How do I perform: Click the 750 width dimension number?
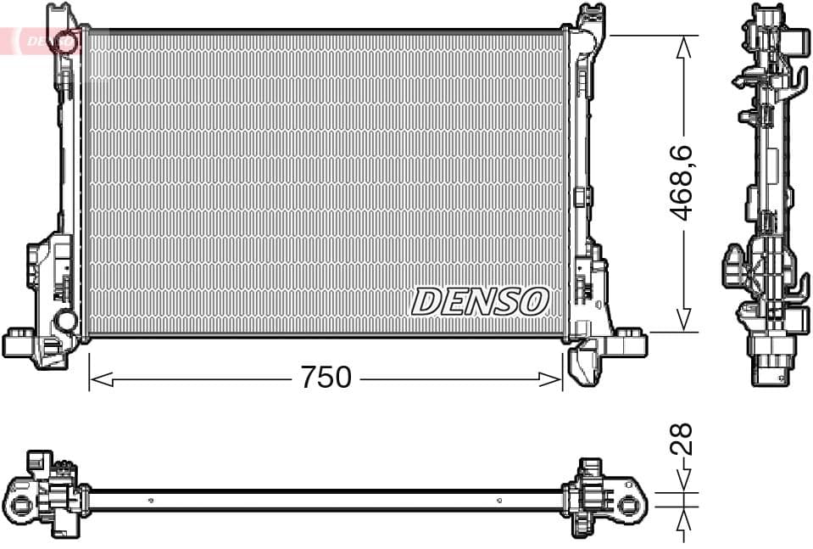point(326,378)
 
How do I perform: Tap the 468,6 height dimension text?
point(682,182)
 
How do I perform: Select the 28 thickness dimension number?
point(682,439)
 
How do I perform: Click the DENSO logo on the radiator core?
point(480,301)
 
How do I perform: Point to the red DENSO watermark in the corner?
point(38,40)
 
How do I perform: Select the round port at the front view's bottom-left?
point(64,321)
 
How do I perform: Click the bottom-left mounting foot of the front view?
point(20,345)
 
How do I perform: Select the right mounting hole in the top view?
point(627,506)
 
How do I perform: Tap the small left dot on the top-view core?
point(151,500)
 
